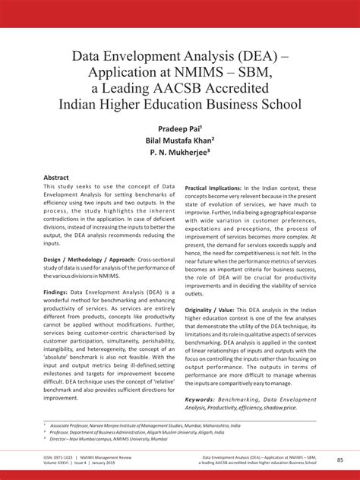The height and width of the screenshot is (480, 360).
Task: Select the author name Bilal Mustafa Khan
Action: click(178, 141)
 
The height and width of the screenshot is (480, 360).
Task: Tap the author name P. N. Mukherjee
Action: click(178, 154)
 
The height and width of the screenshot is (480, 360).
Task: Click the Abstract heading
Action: click(56, 177)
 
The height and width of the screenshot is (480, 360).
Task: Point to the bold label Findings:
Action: click(58, 292)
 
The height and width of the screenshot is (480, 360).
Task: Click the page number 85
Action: click(339, 459)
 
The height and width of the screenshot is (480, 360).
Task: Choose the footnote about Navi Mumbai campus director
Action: click(107, 439)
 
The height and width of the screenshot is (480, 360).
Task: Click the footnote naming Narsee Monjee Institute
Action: click(137, 427)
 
